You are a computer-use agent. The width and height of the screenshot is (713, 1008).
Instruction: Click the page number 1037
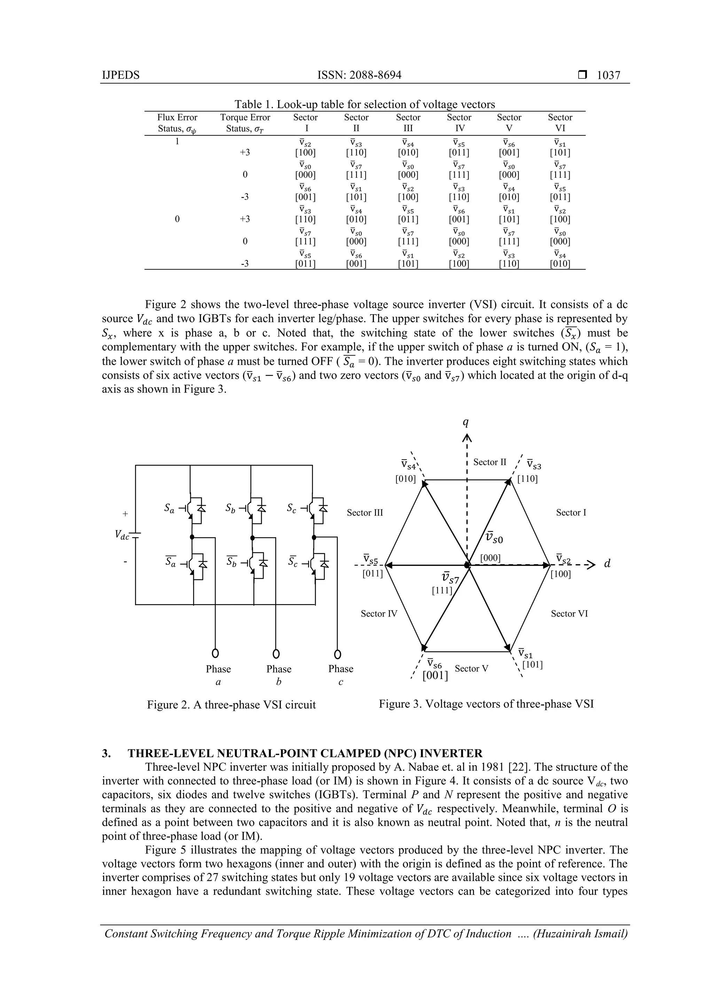coord(609,75)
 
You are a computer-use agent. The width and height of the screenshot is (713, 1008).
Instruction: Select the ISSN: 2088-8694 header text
coord(359,75)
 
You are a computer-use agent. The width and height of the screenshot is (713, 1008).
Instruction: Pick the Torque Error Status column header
coord(245,122)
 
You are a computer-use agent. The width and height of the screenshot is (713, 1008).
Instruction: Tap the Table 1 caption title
coord(364,104)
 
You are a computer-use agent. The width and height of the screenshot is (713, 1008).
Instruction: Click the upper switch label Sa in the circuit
coord(169,508)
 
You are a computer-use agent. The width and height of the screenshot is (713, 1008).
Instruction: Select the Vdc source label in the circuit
coord(122,534)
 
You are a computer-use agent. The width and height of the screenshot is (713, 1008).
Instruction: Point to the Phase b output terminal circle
coord(276,654)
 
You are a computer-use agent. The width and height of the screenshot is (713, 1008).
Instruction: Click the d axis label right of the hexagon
coord(608,564)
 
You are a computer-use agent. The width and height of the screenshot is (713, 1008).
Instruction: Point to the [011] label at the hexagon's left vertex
coord(373,573)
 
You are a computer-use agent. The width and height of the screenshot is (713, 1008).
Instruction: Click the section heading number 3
coord(106,753)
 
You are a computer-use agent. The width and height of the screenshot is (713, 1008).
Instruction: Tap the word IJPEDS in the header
coord(120,75)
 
